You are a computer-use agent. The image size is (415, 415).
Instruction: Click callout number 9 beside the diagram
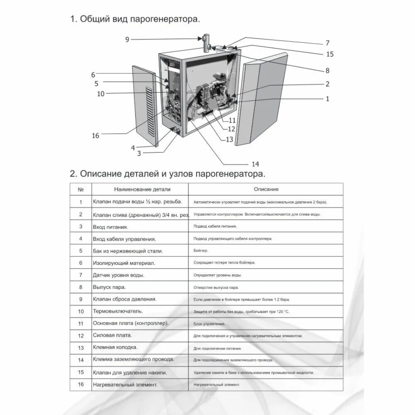click(x=127, y=39)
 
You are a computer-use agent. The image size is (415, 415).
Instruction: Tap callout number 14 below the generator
click(x=255, y=163)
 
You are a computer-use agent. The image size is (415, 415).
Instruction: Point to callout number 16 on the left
click(x=95, y=136)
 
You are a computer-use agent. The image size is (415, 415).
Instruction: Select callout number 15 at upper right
click(x=330, y=54)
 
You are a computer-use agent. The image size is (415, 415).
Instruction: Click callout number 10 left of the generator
click(x=101, y=94)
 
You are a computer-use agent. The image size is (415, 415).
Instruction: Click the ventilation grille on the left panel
click(x=149, y=112)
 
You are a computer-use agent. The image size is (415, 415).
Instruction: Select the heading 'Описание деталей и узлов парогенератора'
click(x=167, y=173)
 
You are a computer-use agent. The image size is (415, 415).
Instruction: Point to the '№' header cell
click(x=81, y=189)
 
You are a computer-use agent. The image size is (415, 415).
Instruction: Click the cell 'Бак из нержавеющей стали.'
click(x=128, y=251)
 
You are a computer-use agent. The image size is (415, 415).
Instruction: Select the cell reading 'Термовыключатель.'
click(x=118, y=311)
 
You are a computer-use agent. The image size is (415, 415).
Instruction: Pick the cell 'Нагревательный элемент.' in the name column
click(x=125, y=385)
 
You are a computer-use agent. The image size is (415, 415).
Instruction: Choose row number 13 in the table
click(x=81, y=348)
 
